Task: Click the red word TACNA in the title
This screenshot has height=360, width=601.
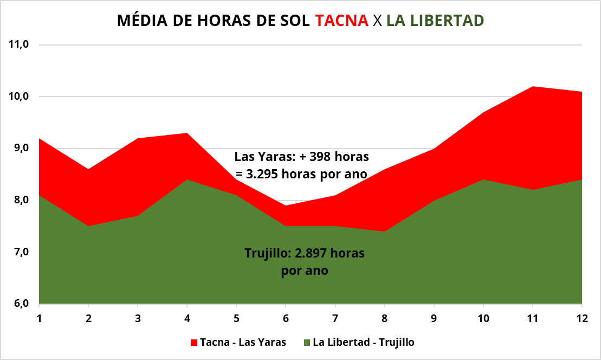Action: [341, 21]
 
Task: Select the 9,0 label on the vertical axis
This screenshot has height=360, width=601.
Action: [21, 148]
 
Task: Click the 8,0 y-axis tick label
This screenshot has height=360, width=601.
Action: [21, 200]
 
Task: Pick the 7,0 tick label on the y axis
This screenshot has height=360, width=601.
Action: [21, 252]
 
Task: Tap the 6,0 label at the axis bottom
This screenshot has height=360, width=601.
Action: [21, 304]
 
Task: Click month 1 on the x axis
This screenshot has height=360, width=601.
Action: [39, 318]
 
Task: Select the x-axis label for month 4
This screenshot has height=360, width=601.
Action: [187, 318]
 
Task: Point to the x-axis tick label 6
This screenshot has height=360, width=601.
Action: [286, 318]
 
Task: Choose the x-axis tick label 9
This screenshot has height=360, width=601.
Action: [434, 318]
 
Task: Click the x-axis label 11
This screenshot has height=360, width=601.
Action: [532, 318]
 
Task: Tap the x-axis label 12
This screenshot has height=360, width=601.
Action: [581, 318]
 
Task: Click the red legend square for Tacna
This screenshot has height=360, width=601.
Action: [194, 343]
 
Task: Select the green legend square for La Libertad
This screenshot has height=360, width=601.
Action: [307, 343]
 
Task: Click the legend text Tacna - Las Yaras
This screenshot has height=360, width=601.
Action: [243, 342]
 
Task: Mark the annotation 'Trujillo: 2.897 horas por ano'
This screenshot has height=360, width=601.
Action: [305, 262]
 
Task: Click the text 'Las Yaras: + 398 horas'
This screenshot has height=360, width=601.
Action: [301, 157]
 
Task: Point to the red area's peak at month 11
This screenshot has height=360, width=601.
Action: [533, 87]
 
